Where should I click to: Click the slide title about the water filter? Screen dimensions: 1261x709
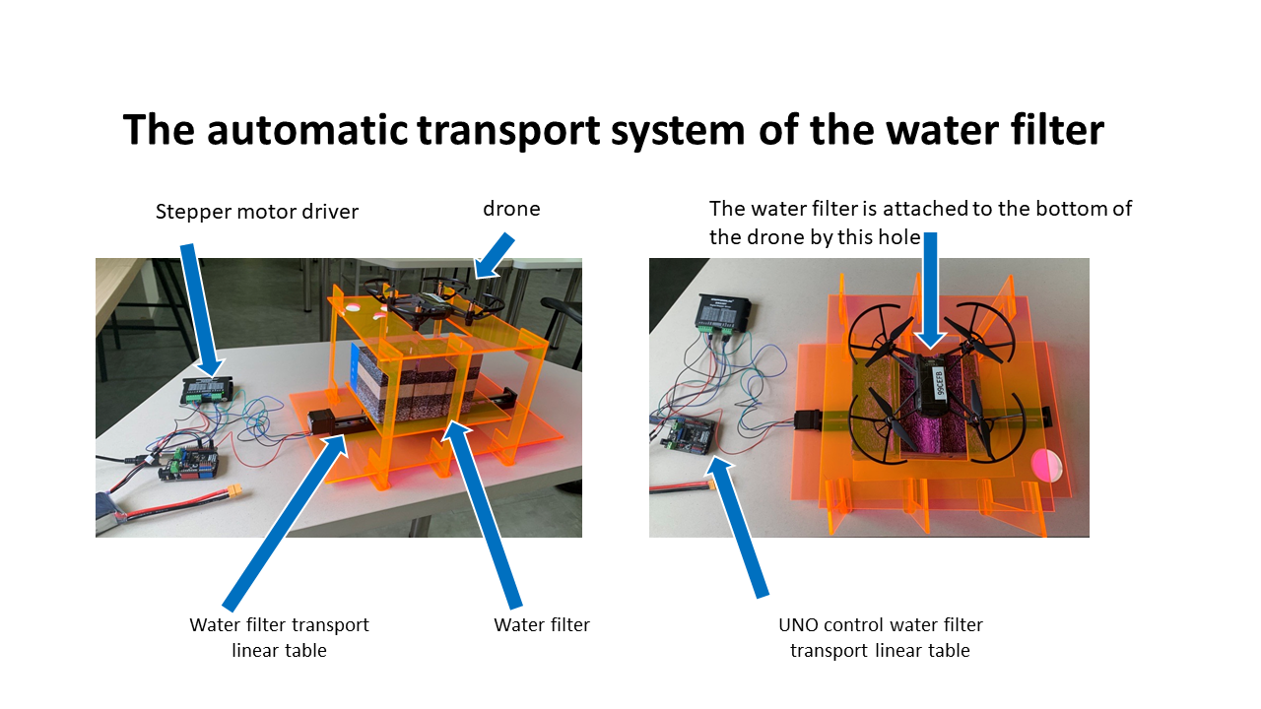tap(614, 130)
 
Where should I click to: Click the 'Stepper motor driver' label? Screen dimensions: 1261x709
tap(257, 212)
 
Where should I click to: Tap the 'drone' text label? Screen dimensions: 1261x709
tap(511, 209)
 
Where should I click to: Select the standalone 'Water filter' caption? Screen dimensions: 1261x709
tap(542, 624)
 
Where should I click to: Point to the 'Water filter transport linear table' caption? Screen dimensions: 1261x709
tap(279, 637)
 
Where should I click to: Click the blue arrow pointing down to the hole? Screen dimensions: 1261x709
tap(931, 290)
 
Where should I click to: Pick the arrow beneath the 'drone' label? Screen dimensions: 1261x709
tap(494, 256)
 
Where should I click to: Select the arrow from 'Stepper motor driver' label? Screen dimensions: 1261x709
tap(202, 310)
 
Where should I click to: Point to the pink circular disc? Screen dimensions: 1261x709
tap(1047, 466)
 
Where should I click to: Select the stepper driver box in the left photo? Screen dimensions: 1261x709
tap(207, 390)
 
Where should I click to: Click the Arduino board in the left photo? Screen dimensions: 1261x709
tap(189, 463)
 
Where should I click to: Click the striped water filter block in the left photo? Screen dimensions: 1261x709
tap(416, 385)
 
